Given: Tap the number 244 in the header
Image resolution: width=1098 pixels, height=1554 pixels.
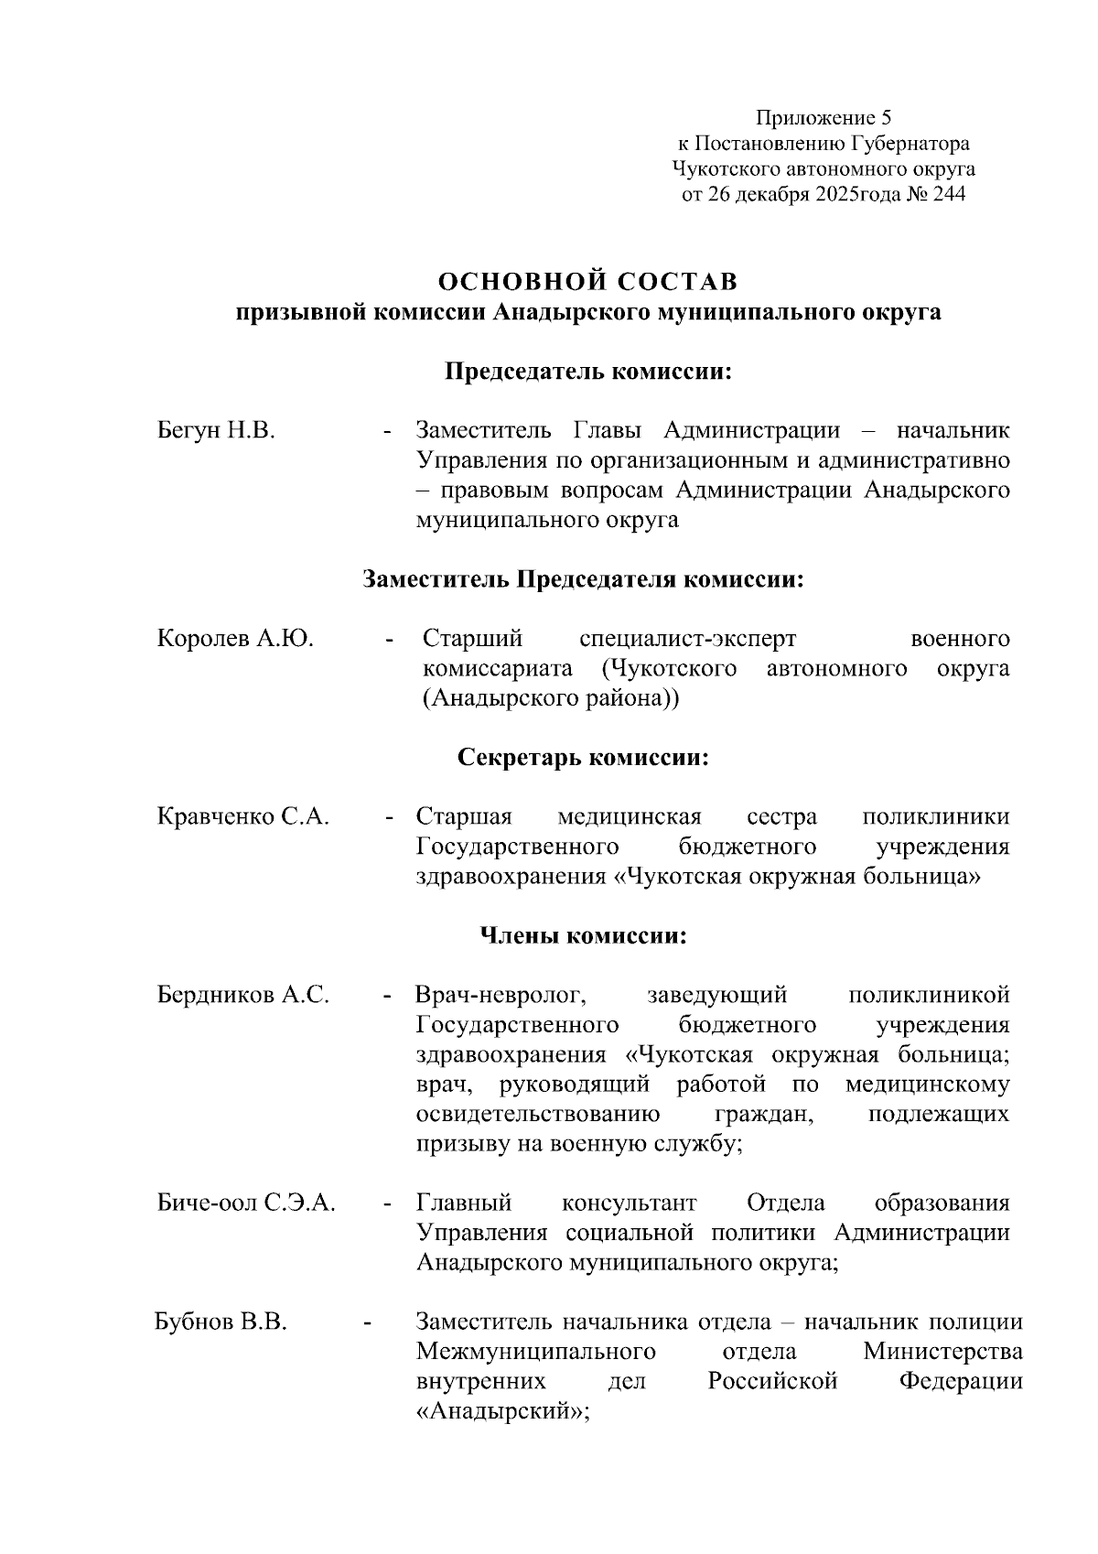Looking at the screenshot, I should click(947, 194).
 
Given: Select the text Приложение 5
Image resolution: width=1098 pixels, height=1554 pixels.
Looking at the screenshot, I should click(823, 117).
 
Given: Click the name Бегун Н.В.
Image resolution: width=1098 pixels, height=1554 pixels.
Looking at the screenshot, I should click(216, 430).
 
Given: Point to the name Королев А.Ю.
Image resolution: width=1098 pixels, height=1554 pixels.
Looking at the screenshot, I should click(236, 638).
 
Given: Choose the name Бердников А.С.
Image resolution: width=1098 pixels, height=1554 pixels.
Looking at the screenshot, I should click(243, 994).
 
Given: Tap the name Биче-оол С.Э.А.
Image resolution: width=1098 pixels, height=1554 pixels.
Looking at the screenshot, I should click(246, 1202).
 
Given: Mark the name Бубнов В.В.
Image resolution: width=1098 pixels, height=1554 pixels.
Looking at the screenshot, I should click(221, 1322).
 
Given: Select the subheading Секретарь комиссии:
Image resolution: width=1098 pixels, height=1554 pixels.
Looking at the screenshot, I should click(584, 758).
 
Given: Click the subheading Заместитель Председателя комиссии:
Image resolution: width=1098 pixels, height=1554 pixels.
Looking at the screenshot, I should click(583, 579).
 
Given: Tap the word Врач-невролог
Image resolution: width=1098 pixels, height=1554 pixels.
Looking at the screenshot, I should click(500, 994).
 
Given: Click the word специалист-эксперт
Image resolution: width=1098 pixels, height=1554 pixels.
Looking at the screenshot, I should click(688, 638).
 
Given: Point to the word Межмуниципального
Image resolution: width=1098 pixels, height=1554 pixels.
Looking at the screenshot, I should click(535, 1352).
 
